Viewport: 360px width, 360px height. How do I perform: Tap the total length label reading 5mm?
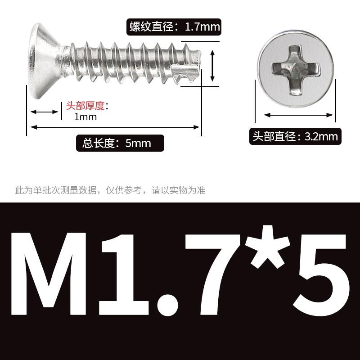click(x=120, y=144)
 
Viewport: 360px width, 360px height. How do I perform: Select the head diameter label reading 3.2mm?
click(x=295, y=136)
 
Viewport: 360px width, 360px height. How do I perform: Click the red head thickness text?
click(x=85, y=106)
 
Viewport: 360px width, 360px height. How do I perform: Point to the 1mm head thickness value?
click(x=85, y=117)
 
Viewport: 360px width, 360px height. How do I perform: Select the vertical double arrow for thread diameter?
click(x=213, y=66)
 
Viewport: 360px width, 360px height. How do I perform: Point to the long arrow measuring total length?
click(x=114, y=127)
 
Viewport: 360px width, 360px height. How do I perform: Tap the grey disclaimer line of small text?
click(x=111, y=190)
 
